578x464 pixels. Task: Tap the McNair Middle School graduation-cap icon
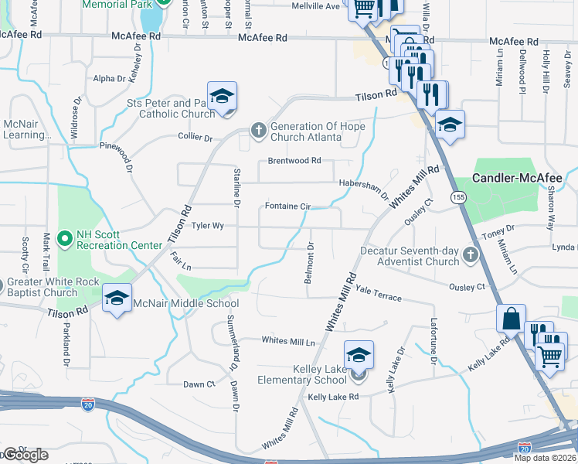click(x=117, y=298)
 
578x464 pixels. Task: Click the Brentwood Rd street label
click(x=294, y=161)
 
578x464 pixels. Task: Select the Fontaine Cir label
click(x=287, y=206)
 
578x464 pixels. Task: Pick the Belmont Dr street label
click(x=309, y=263)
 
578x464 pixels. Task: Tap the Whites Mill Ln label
click(x=288, y=340)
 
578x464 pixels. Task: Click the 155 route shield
click(x=459, y=198)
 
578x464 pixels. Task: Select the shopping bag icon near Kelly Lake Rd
click(x=512, y=318)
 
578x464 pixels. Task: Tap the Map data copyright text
click(x=546, y=458)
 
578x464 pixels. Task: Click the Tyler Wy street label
click(x=207, y=227)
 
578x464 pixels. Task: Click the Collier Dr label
click(x=197, y=138)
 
